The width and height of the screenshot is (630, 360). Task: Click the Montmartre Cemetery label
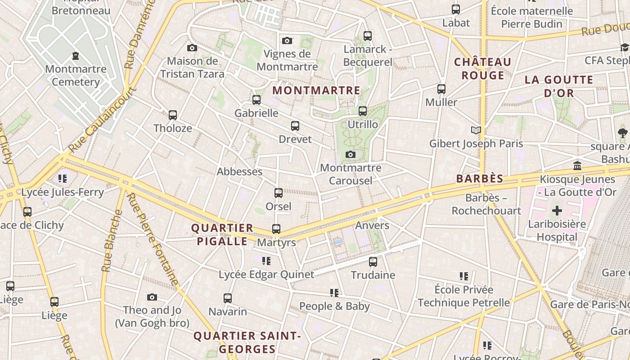(x=76, y=76)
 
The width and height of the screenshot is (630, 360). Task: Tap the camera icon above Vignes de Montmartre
(x=287, y=41)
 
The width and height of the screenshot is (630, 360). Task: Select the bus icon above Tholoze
(x=173, y=115)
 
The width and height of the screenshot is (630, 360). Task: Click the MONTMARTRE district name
(x=316, y=90)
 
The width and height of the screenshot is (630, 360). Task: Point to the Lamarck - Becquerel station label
(x=368, y=55)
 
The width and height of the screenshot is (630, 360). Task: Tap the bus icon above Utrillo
(x=363, y=111)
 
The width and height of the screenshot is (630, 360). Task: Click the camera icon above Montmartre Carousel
(x=351, y=155)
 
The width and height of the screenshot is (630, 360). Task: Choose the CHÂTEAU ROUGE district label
(x=483, y=68)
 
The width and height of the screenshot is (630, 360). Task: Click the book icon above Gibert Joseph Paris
(x=476, y=130)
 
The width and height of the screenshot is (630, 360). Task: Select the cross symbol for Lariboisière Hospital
(x=557, y=211)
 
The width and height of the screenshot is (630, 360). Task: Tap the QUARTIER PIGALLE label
(x=222, y=234)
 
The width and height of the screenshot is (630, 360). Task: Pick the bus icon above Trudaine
(x=373, y=262)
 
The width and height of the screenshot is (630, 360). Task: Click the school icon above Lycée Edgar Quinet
(x=266, y=261)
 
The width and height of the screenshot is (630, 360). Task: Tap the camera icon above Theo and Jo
(x=152, y=297)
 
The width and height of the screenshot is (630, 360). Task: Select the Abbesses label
(x=239, y=171)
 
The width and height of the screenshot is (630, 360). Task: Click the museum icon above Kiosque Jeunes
(x=578, y=166)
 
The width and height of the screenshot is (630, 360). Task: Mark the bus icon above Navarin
(x=228, y=298)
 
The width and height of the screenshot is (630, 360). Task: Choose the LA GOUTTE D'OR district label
(x=559, y=86)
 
